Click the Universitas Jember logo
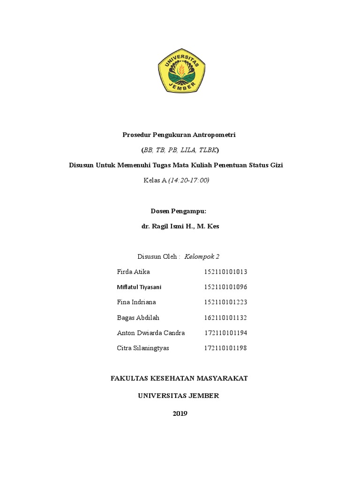pyautogui.click(x=181, y=71)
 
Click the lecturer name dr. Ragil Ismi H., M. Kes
pyautogui.click(x=180, y=226)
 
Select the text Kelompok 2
pyautogui.click(x=202, y=256)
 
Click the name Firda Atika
pyautogui.click(x=134, y=272)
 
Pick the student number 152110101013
pyautogui.click(x=225, y=272)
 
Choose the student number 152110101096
pyautogui.click(x=225, y=287)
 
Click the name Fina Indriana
pyautogui.click(x=136, y=302)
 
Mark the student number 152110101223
pyautogui.click(x=225, y=302)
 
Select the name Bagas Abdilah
pyautogui.click(x=138, y=318)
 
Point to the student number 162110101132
pyautogui.click(x=225, y=318)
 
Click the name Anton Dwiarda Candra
pyautogui.click(x=150, y=333)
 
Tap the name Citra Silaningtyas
pyautogui.click(x=143, y=348)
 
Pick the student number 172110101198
pyautogui.click(x=225, y=348)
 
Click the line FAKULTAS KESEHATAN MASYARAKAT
pyautogui.click(x=179, y=379)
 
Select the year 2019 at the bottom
pyautogui.click(x=180, y=413)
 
